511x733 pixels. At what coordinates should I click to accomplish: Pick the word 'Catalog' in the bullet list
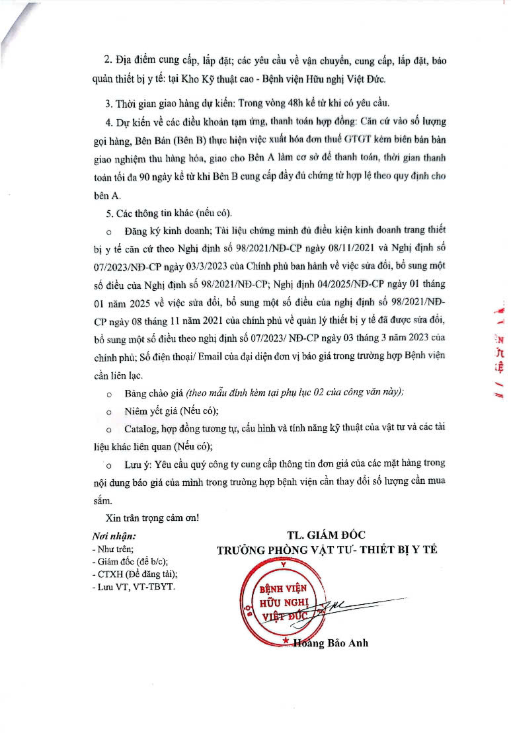click(x=141, y=428)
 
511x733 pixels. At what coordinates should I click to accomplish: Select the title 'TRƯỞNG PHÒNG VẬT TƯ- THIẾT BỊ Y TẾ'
click(x=327, y=550)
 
